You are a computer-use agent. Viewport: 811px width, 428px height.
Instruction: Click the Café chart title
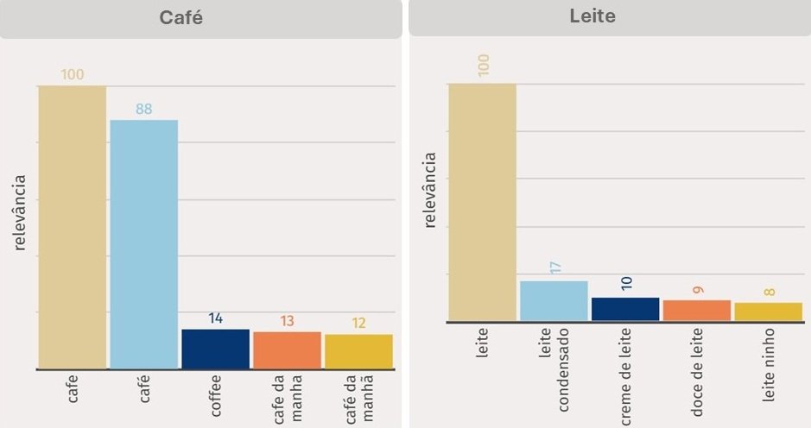pyautogui.click(x=181, y=18)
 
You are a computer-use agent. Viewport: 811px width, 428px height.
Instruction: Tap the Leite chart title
pyautogui.click(x=592, y=16)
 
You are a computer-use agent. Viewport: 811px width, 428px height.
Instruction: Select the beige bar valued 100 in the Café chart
pyautogui.click(x=72, y=227)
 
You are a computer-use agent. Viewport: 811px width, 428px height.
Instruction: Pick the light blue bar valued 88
pyautogui.click(x=143, y=244)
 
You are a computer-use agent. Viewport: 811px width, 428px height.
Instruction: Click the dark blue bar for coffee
pyautogui.click(x=215, y=349)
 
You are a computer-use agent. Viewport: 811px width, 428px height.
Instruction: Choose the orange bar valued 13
pyautogui.click(x=287, y=350)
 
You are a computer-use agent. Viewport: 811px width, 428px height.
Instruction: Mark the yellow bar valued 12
pyautogui.click(x=358, y=351)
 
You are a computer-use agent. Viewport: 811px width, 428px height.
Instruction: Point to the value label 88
pyautogui.click(x=143, y=110)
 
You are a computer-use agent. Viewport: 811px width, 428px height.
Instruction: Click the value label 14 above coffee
pyautogui.click(x=215, y=318)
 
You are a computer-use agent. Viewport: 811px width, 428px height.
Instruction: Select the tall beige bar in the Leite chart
pyautogui.click(x=482, y=202)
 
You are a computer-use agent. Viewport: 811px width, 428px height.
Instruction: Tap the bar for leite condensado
pyautogui.click(x=554, y=300)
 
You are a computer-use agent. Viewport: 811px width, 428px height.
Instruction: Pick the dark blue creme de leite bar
pyautogui.click(x=625, y=309)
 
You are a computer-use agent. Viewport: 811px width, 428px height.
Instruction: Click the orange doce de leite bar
pyautogui.click(x=697, y=310)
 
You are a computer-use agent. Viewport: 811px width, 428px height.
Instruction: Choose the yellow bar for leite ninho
pyautogui.click(x=768, y=312)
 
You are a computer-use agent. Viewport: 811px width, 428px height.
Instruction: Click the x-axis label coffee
pyautogui.click(x=216, y=395)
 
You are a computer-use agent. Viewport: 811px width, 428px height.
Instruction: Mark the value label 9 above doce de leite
pyautogui.click(x=698, y=287)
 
